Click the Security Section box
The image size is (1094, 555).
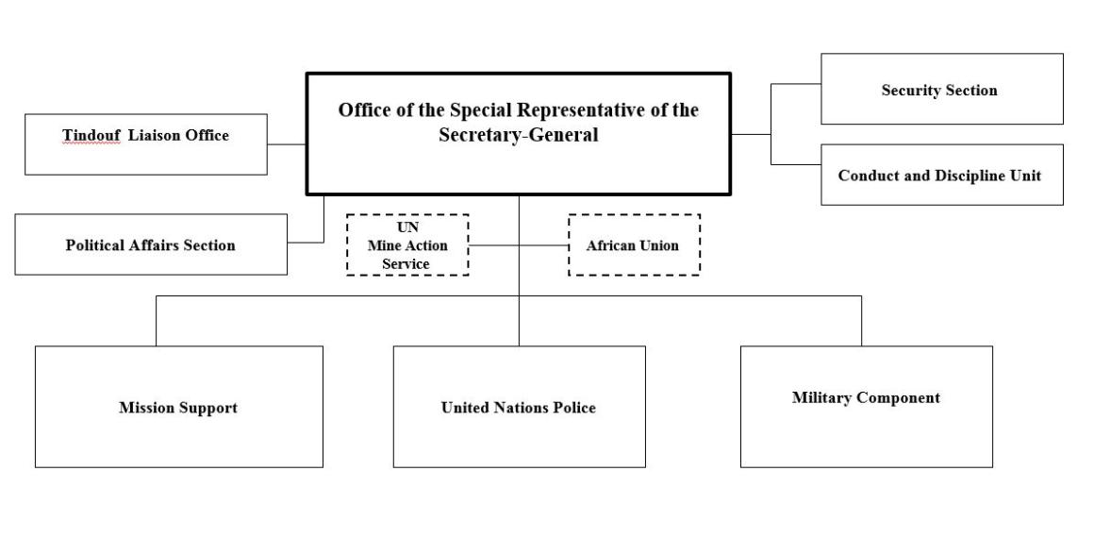pos(941,90)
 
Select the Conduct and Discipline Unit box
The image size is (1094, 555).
pos(941,176)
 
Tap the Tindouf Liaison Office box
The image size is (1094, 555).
pos(145,144)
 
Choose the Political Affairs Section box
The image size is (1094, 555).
pos(151,244)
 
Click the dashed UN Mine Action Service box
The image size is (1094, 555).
pos(407,245)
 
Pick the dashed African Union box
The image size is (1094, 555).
pos(634,245)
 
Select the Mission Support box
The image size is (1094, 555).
pos(178,407)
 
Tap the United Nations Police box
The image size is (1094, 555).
pos(519,407)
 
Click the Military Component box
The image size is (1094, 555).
pos(866,407)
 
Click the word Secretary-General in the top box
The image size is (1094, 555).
pos(518,135)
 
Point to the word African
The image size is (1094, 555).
pos(611,245)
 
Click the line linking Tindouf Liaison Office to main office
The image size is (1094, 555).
pos(288,144)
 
